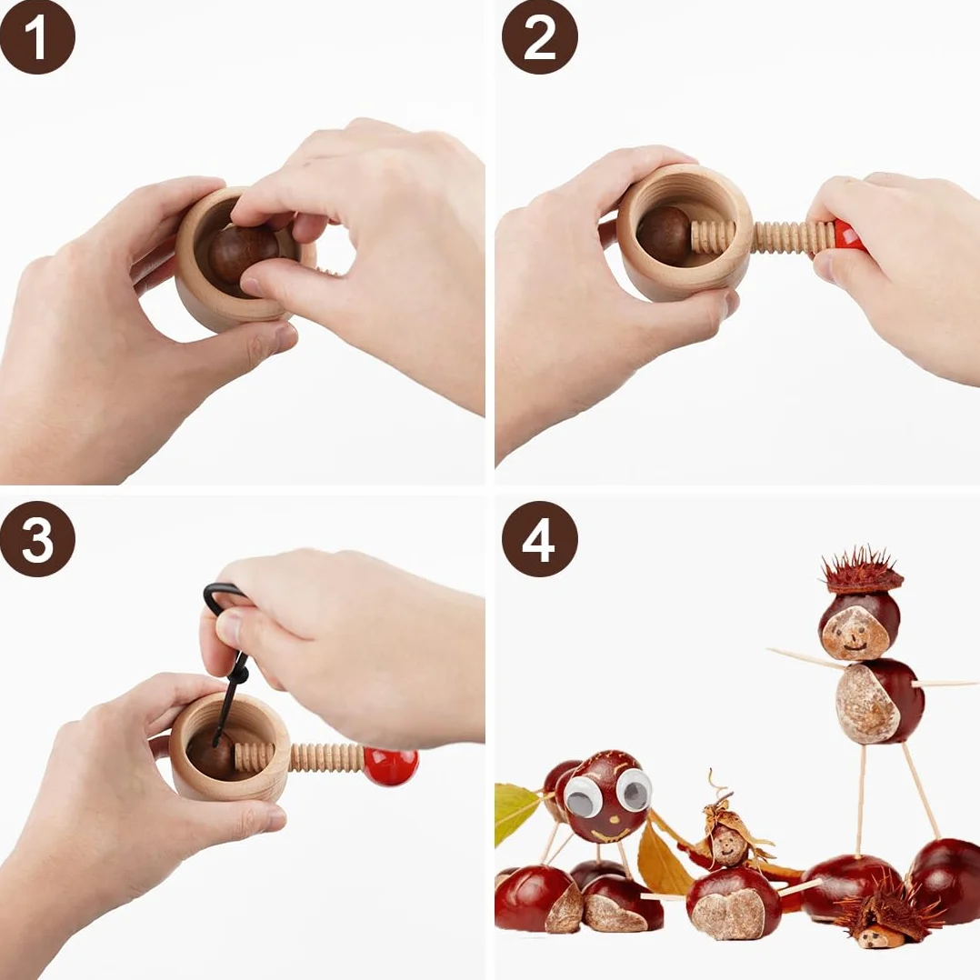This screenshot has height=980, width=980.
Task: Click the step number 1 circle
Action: (37, 37)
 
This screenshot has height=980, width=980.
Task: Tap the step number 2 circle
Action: (540, 37)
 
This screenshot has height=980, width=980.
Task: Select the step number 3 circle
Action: (37, 539)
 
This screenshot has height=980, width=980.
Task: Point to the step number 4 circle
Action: (540, 539)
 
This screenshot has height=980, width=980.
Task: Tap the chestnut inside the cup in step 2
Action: (664, 235)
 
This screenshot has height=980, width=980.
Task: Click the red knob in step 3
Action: (391, 766)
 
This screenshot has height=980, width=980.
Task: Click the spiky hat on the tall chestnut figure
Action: (862, 572)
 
